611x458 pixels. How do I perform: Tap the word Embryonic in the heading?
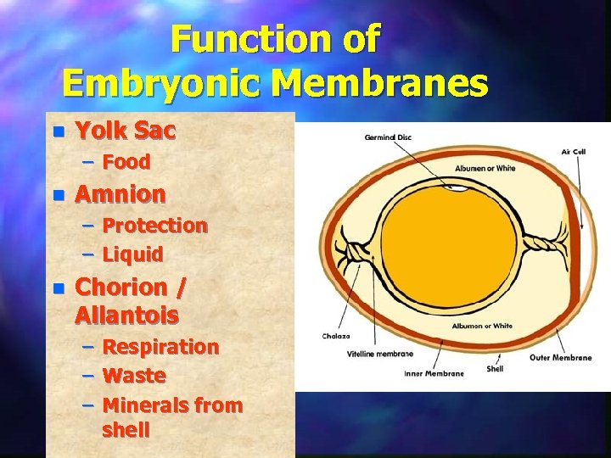click(x=165, y=84)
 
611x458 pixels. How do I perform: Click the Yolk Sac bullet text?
click(x=126, y=131)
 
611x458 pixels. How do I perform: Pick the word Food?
click(x=126, y=162)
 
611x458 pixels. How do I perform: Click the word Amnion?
click(x=121, y=194)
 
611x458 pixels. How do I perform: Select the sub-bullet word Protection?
click(x=154, y=226)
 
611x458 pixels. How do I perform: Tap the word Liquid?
click(x=132, y=254)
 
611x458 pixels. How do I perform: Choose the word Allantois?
click(x=126, y=316)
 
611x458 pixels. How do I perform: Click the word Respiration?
click(x=160, y=347)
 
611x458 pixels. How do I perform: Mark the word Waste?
click(x=133, y=376)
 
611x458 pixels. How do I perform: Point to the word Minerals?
click(x=145, y=405)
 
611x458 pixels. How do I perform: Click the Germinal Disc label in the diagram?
click(x=388, y=137)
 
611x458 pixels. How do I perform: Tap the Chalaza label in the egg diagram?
click(x=335, y=336)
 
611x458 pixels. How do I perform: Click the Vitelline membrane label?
click(x=379, y=354)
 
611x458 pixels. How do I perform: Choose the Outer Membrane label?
click(x=560, y=357)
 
